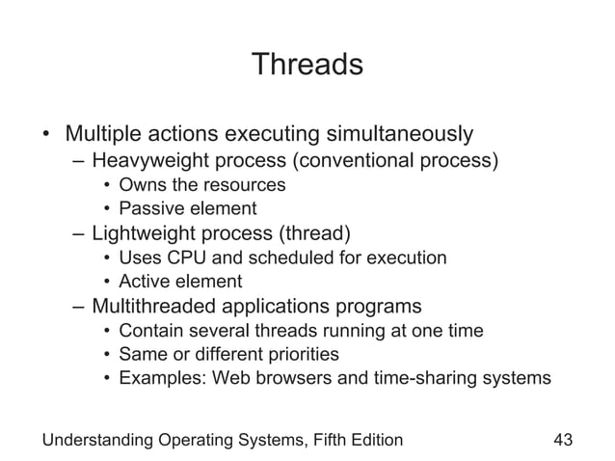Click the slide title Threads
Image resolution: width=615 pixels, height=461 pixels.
pyautogui.click(x=307, y=65)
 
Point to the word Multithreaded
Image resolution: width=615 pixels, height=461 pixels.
pyautogui.click(x=157, y=308)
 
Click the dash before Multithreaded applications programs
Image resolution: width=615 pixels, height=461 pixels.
pyautogui.click(x=78, y=308)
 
